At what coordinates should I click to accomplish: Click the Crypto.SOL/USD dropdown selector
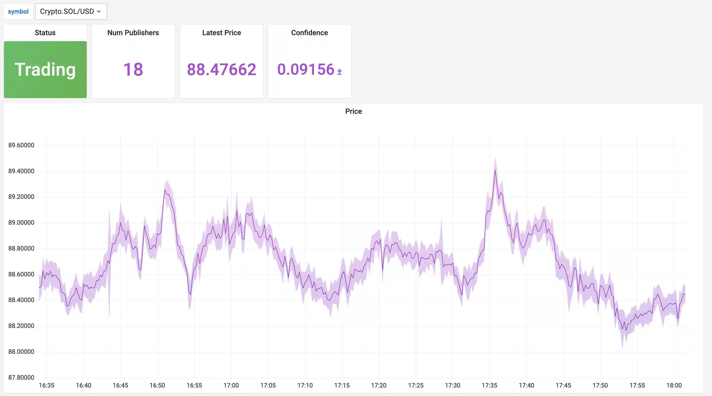(x=71, y=12)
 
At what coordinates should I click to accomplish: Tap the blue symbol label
(x=18, y=12)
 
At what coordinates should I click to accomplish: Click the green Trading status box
(x=45, y=69)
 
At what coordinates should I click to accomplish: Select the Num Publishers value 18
(x=133, y=69)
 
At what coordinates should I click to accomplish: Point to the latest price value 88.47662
(x=221, y=69)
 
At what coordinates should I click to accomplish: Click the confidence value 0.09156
(x=306, y=69)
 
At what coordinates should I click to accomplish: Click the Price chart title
(x=353, y=111)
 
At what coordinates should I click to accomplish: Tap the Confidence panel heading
(x=309, y=33)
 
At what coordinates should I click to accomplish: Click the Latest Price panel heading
(x=221, y=33)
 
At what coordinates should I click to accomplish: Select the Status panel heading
(x=45, y=33)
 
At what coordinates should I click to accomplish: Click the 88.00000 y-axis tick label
(x=21, y=352)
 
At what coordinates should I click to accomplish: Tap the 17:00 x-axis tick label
(x=231, y=385)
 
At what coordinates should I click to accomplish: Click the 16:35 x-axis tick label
(x=46, y=385)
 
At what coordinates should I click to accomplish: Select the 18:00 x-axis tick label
(x=674, y=385)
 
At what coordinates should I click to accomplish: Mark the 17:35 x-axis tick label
(x=489, y=385)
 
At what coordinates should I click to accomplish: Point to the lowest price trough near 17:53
(x=626, y=330)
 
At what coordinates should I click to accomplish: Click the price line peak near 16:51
(x=165, y=190)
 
